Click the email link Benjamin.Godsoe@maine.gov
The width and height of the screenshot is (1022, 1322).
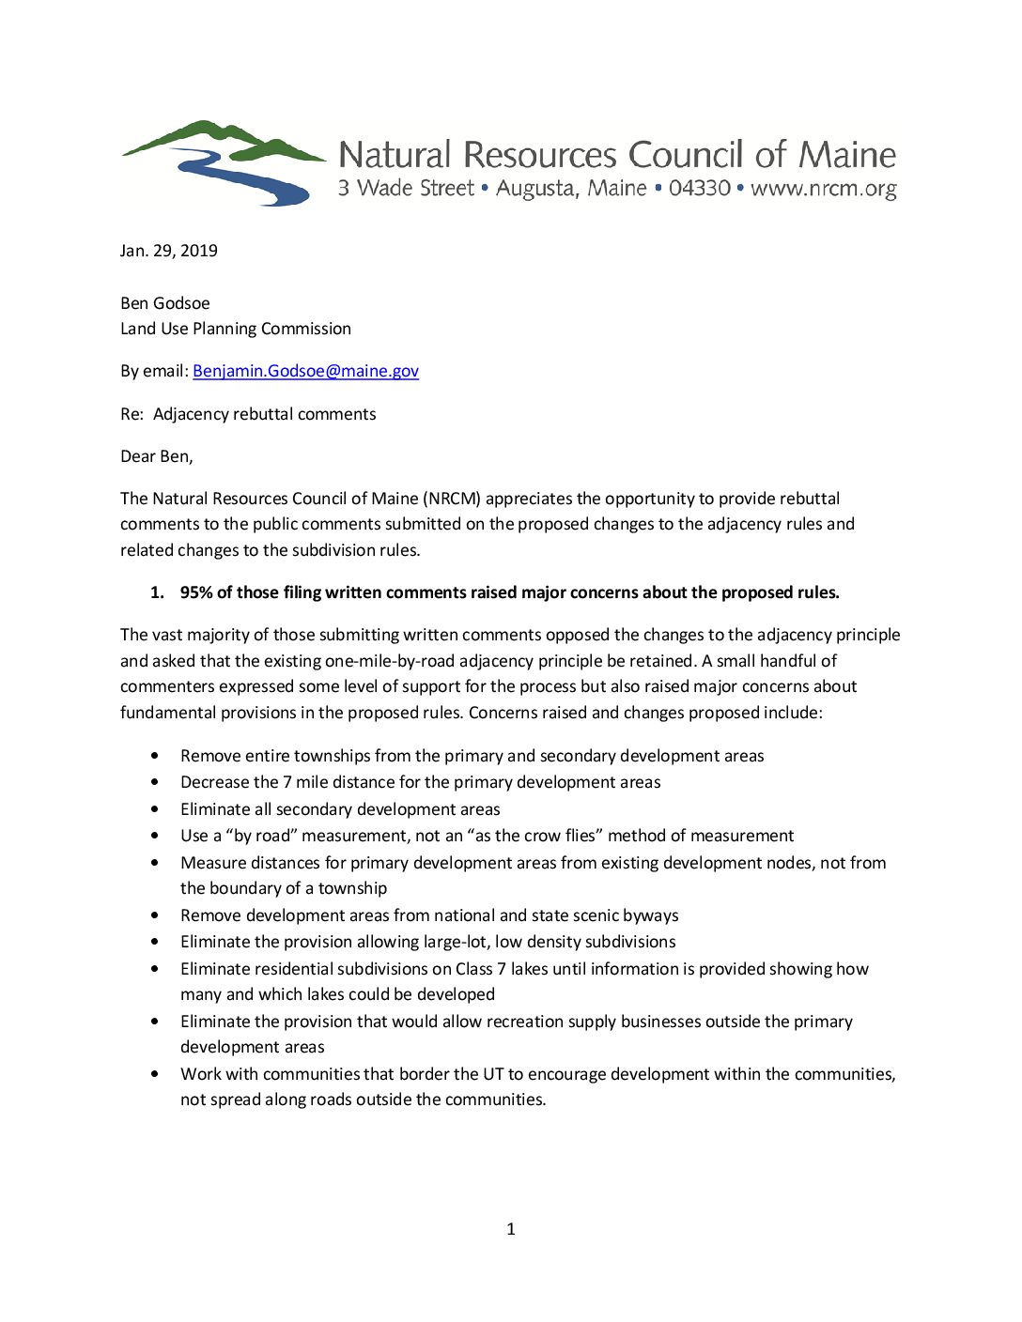(x=305, y=371)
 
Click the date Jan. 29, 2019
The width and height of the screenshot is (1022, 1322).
(x=169, y=251)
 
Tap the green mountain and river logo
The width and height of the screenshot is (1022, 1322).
(x=224, y=162)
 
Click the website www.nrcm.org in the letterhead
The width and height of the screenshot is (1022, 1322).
(x=824, y=189)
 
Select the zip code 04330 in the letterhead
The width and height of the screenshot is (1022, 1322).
(x=700, y=188)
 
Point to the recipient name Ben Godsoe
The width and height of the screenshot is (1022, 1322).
(x=165, y=303)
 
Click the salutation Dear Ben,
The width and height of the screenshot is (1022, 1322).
(x=157, y=456)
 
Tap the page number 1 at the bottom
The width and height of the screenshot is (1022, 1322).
(x=511, y=1229)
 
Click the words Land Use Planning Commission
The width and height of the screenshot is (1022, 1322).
(x=236, y=329)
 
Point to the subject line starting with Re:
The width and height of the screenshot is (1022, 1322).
(x=248, y=414)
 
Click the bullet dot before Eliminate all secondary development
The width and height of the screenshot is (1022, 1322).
(x=154, y=809)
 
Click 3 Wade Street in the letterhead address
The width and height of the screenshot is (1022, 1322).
(x=406, y=188)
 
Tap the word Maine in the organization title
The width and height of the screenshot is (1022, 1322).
(x=847, y=155)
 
